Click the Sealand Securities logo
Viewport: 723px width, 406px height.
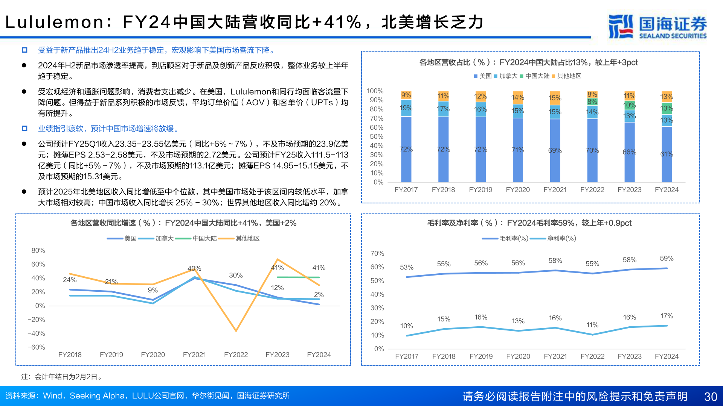pos(657,26)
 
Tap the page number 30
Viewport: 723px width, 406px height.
pos(710,397)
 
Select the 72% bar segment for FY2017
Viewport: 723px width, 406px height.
pos(406,149)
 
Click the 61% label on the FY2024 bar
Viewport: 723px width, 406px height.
pos(666,154)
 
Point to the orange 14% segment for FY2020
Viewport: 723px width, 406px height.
pos(518,97)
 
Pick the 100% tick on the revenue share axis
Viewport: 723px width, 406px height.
pos(375,91)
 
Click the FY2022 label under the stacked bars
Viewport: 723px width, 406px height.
pos(592,190)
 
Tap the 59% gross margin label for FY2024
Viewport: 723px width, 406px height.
pos(666,259)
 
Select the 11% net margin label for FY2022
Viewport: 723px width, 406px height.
pos(592,325)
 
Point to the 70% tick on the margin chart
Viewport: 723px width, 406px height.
pos(377,253)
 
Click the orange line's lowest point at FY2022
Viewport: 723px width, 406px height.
pos(236,330)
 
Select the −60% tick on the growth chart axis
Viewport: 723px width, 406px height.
pos(36,347)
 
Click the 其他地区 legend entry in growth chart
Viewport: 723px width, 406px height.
pos(247,238)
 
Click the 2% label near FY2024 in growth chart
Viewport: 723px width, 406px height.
pos(319,295)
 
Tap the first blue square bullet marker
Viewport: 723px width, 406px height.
pos(24,50)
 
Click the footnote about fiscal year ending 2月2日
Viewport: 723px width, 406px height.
pos(62,377)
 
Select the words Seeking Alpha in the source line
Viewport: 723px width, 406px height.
pos(97,396)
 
